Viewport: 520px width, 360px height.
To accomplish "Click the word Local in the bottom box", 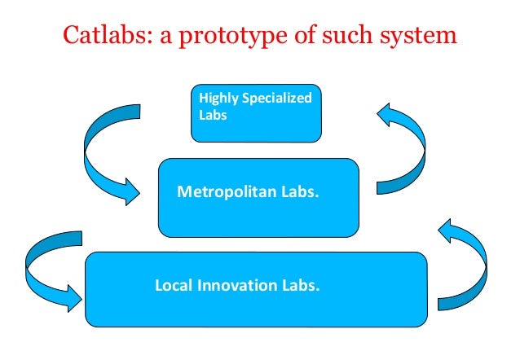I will point(172,286).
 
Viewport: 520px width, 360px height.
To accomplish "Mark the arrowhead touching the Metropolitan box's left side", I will point(130,192).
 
